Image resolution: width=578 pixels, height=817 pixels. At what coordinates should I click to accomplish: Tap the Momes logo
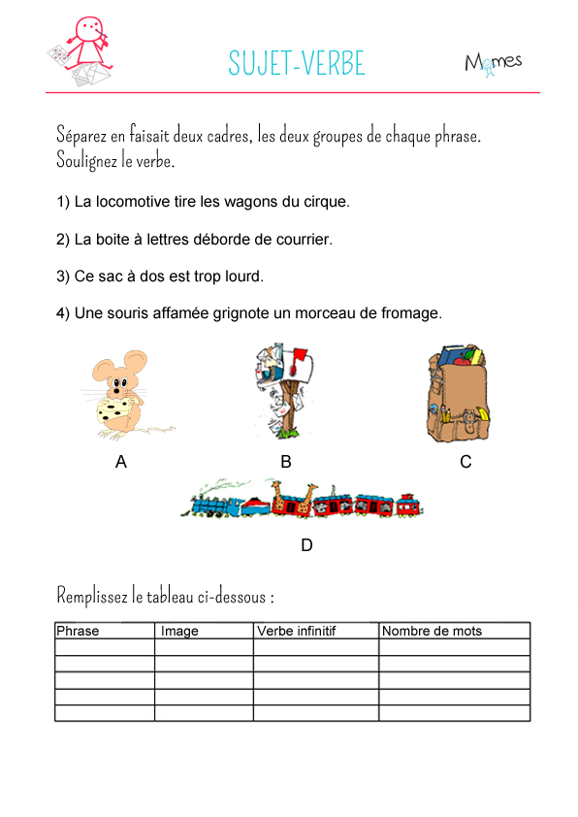[493, 62]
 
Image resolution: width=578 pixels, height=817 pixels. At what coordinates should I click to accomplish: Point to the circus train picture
[306, 500]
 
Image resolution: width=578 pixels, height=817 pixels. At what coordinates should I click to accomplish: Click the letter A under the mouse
[121, 462]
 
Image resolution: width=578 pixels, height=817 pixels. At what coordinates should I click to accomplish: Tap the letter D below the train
[306, 545]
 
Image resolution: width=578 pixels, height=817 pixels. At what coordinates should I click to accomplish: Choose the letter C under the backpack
[466, 462]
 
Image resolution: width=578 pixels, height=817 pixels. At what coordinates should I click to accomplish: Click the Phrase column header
[78, 631]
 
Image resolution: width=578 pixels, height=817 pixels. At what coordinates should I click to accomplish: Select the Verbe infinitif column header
[296, 631]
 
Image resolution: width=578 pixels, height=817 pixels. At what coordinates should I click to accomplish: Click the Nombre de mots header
[432, 631]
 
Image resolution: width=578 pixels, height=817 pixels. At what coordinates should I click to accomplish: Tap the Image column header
[179, 631]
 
